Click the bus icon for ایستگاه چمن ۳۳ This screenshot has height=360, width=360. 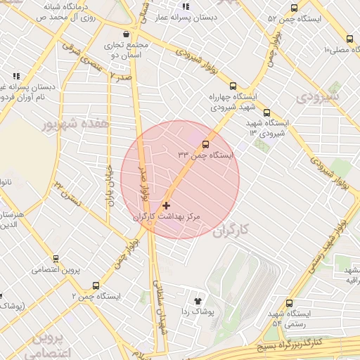click(205, 145)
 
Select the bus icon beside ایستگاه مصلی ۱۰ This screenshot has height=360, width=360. click(349, 39)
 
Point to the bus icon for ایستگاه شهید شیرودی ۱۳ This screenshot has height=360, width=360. click(266, 112)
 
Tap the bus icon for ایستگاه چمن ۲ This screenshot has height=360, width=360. click(96, 285)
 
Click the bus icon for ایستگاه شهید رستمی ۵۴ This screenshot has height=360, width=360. click(289, 303)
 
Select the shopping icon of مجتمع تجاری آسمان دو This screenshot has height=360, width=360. click(126, 34)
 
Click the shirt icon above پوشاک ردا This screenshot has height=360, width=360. click(197, 300)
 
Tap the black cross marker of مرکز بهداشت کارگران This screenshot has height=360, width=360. click(166, 205)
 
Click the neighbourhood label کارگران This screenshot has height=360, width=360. click(231, 230)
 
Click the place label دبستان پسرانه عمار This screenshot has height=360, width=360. click(192, 15)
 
